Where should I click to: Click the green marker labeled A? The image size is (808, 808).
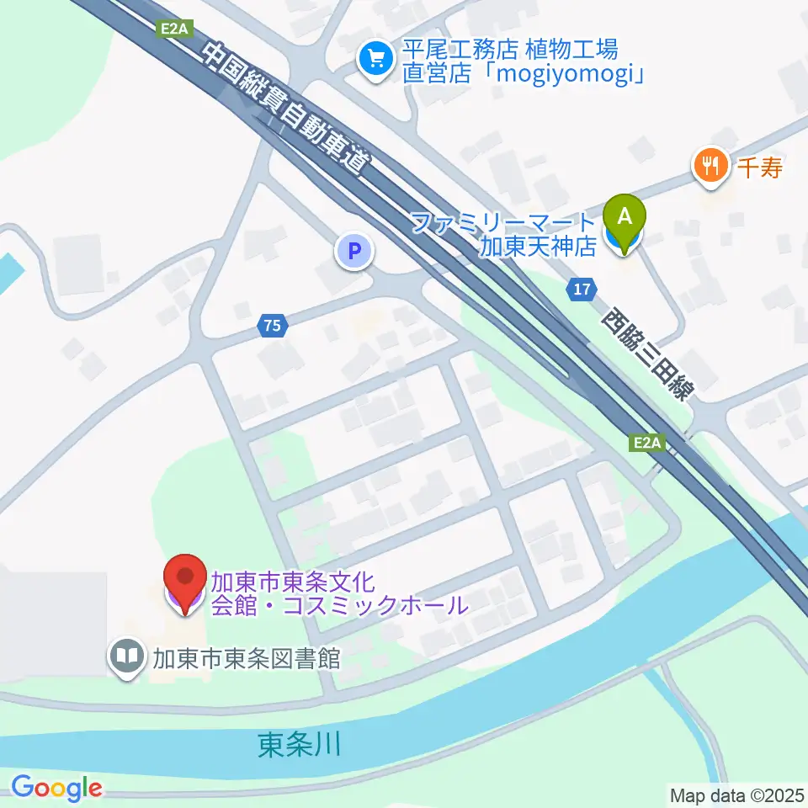[x=625, y=217]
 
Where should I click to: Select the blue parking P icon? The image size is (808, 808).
[x=354, y=251]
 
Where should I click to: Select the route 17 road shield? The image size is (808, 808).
[x=581, y=290]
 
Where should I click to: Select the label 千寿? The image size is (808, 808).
[x=761, y=167]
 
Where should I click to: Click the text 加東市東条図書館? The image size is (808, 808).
[x=246, y=658]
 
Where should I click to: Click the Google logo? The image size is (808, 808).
[x=56, y=788]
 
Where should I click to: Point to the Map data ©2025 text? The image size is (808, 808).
[x=736, y=794]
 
